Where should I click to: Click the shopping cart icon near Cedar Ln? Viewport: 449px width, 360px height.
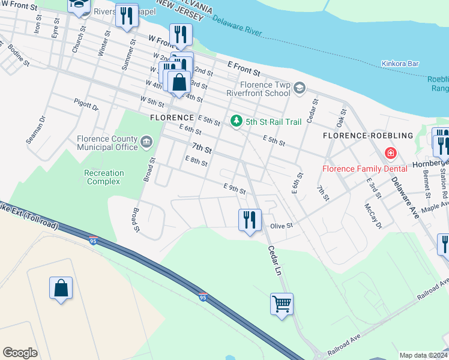pos(282,304)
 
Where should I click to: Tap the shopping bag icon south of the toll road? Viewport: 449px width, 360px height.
pos(61,289)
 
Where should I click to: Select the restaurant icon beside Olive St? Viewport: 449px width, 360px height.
pos(250,220)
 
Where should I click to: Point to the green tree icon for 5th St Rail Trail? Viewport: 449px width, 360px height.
pos(237,121)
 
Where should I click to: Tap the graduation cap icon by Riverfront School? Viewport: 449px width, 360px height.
pos(299,89)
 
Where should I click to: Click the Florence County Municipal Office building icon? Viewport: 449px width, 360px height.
pos(146,143)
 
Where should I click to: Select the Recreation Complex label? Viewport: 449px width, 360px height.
pos(104,177)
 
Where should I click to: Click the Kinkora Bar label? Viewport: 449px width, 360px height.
pos(400,64)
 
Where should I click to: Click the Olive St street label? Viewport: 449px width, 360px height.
pos(281,226)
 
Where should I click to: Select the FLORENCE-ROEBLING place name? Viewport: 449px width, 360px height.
pos(368,136)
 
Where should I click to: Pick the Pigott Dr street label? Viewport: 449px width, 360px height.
pos(86,104)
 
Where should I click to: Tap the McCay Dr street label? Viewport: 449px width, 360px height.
pos(372,215)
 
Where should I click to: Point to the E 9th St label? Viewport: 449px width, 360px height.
pos(234,188)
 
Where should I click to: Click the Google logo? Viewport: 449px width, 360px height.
pos(20,353)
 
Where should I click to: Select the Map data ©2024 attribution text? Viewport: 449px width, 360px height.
pos(423,355)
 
